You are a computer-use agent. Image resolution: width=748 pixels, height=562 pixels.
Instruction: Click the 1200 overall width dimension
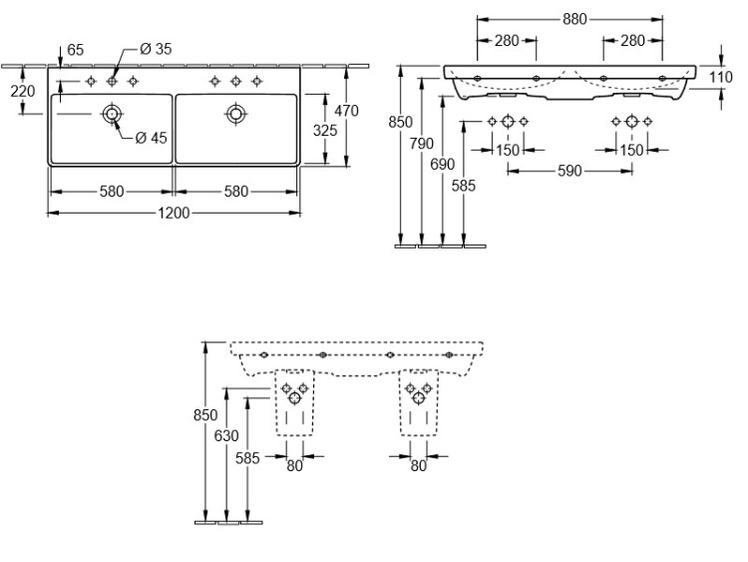click(x=174, y=213)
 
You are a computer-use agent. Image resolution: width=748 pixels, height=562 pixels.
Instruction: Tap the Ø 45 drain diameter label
click(x=151, y=138)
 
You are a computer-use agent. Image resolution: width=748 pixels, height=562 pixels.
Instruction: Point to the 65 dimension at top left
click(x=75, y=49)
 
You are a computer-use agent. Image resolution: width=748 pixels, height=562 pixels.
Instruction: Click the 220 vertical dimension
click(x=22, y=91)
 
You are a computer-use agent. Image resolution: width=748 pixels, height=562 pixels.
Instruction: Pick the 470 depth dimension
click(x=346, y=111)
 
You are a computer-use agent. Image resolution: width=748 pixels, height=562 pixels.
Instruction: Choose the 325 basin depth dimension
click(x=325, y=130)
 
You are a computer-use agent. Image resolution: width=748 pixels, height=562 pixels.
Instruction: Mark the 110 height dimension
click(x=721, y=76)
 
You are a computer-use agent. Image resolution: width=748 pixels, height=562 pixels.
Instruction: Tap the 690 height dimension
click(x=443, y=164)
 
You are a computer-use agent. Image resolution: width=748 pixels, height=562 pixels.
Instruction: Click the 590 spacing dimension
click(x=569, y=171)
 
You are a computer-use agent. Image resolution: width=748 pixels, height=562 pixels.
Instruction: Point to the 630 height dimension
click(x=227, y=435)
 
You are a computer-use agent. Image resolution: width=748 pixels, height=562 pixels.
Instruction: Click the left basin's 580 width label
click(x=112, y=192)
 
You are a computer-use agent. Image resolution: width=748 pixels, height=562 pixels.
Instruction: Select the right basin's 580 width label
click(x=236, y=192)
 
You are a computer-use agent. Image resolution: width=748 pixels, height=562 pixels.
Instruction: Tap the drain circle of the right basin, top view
click(x=236, y=114)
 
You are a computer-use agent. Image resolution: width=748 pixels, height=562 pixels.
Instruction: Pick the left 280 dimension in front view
click(x=507, y=40)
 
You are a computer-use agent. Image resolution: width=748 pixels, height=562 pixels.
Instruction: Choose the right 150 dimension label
click(x=631, y=149)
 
